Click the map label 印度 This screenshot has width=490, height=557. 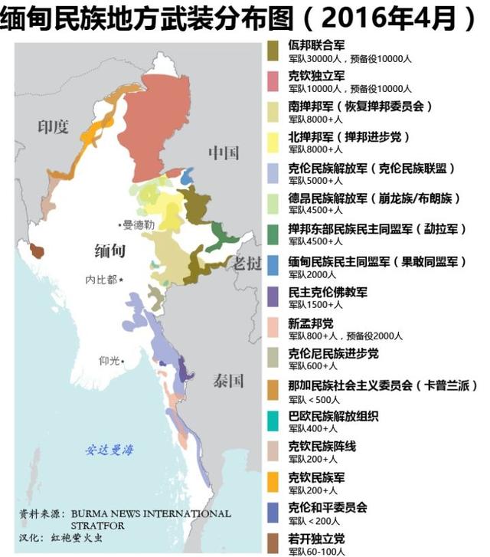click(x=54, y=127)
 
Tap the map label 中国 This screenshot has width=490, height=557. click(x=224, y=153)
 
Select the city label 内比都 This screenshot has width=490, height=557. click(x=101, y=280)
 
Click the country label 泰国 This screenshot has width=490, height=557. click(x=228, y=381)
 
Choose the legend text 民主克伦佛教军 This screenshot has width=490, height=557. click(x=328, y=292)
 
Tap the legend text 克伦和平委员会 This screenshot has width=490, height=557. click(x=328, y=507)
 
